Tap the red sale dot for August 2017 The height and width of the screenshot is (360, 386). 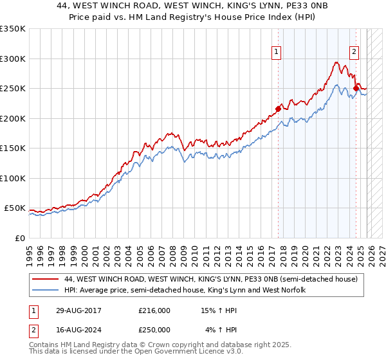(x=278, y=109)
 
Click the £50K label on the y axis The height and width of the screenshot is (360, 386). (x=15, y=208)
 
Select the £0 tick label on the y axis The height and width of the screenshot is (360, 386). (x=20, y=239)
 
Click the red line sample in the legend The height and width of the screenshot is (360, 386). (x=45, y=280)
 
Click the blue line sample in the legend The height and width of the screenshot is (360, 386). (x=45, y=291)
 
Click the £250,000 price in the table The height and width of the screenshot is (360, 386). (x=154, y=330)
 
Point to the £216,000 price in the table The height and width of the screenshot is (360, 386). (x=154, y=310)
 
